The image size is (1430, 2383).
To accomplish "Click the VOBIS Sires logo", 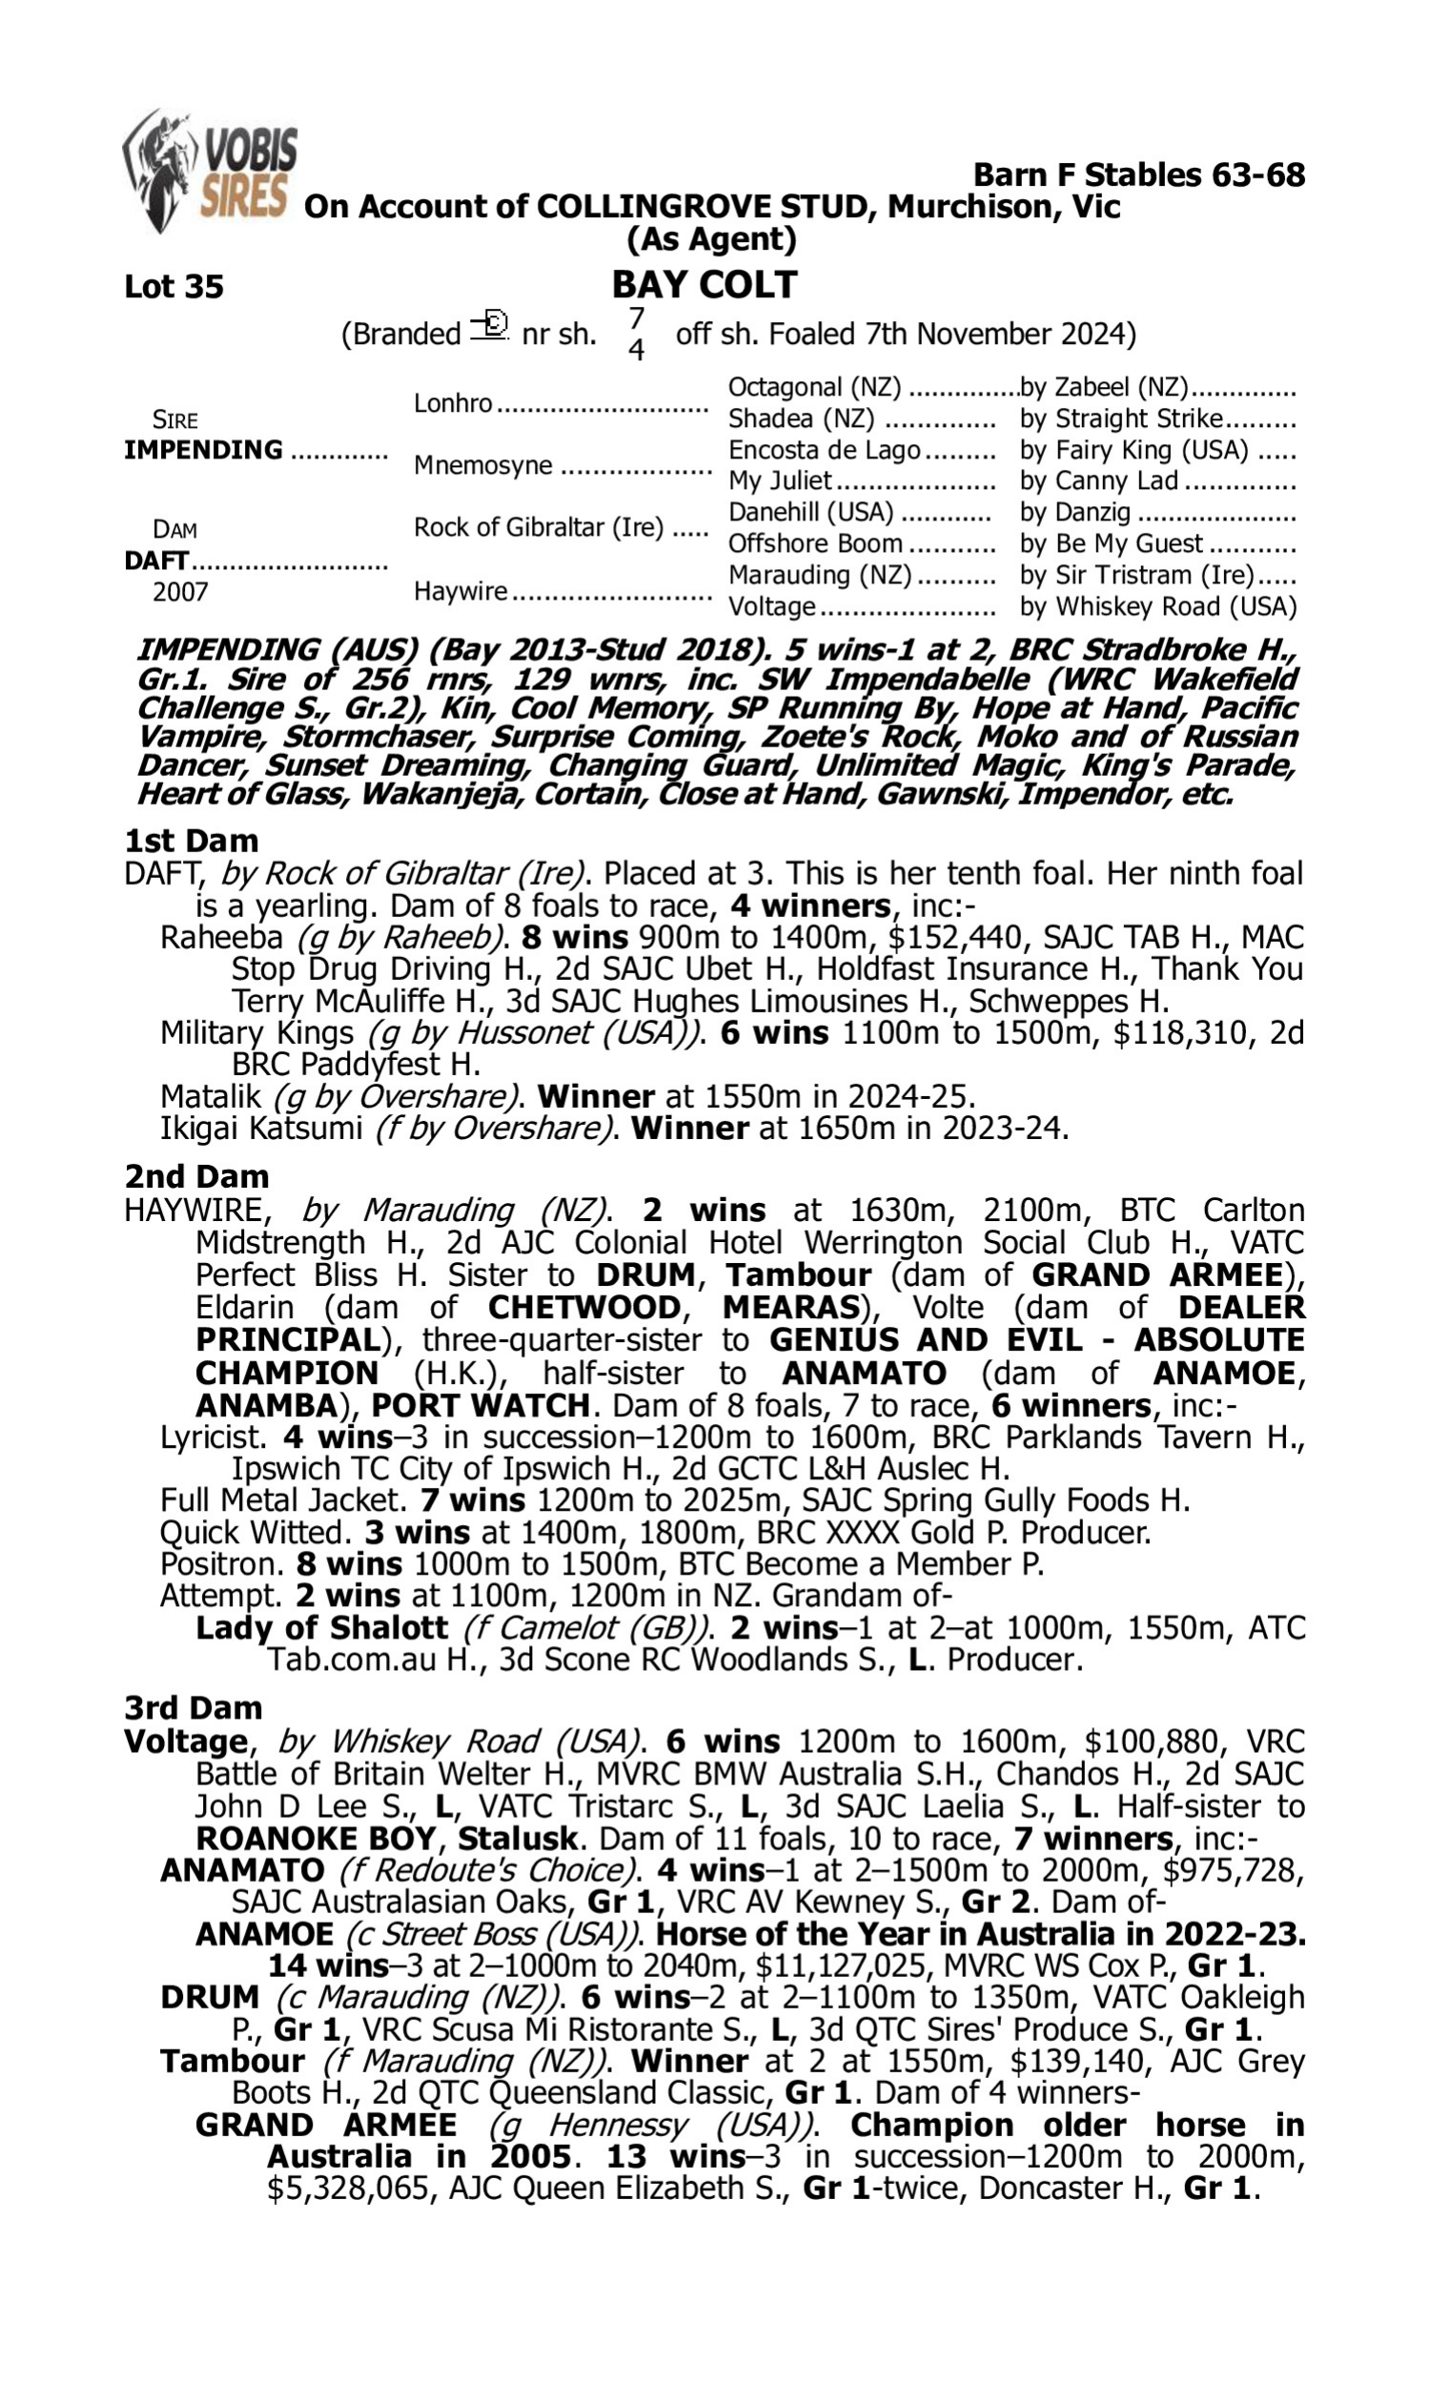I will coord(210,171).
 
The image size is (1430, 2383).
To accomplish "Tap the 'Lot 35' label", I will coord(174,287).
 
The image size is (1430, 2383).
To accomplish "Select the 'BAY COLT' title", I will coord(705,285).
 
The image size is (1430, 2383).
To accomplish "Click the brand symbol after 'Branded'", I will coord(489,327).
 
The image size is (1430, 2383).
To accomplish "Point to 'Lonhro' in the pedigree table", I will coord(453,403).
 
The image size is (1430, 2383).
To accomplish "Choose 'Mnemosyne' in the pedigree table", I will coord(482,466).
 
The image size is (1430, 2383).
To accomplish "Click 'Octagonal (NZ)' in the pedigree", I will coord(814,388).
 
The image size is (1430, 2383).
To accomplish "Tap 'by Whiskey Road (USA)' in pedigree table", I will coord(1157,607).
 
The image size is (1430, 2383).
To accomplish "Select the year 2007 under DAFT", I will coord(180,592).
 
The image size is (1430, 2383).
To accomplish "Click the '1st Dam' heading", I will coord(191,841).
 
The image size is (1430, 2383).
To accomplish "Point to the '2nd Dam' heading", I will coord(195,1177).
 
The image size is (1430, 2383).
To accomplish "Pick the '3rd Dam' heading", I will coord(193,1708).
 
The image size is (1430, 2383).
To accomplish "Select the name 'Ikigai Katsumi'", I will coord(260,1128).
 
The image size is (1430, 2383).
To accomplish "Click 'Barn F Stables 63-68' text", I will coord(1138,175).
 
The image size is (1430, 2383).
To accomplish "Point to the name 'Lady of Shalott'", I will coord(322,1628).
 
